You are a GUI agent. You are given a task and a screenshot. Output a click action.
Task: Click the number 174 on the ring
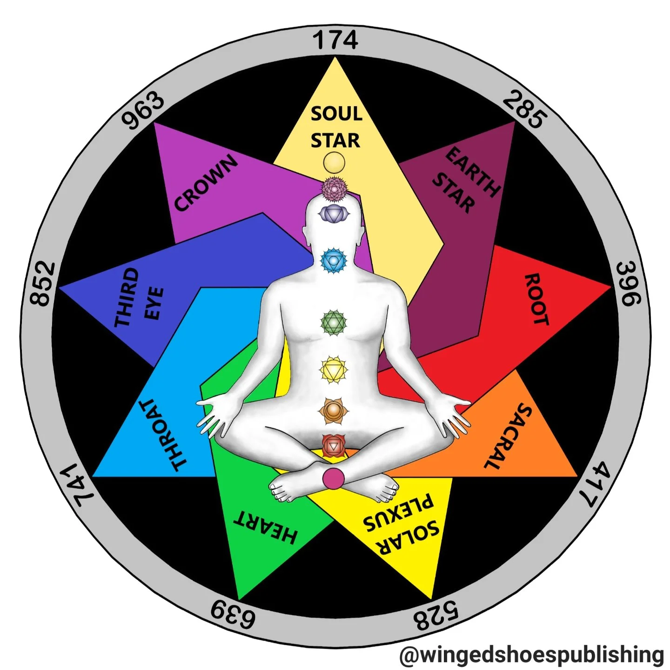pos(335,40)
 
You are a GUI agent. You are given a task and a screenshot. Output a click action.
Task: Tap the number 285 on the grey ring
pos(523,109)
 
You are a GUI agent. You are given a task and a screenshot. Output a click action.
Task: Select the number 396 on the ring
pos(629,284)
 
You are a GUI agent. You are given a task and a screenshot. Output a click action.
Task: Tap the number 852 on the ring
pos(42,284)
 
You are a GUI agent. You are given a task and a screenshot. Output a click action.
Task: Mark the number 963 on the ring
pos(143,110)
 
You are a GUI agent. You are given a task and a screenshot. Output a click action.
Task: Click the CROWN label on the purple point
pos(206,183)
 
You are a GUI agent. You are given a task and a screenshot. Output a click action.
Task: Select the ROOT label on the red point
pos(537,299)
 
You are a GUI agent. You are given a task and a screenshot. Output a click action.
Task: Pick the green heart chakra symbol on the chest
pos(334,322)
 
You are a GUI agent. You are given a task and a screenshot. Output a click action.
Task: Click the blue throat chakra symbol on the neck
pos(334,260)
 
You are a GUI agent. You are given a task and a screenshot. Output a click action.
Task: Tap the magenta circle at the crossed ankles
pos(334,478)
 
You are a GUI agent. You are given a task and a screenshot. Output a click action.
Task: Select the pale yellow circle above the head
pos(334,162)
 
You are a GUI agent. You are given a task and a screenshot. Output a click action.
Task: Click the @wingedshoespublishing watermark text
pos(531,655)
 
